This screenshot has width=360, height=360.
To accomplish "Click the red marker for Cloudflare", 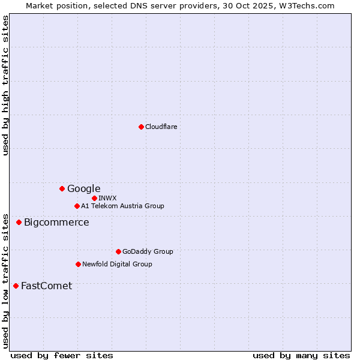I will tap(141, 127).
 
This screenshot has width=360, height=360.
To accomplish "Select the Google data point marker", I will tap(62, 188).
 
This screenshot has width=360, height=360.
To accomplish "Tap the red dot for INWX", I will tap(94, 198).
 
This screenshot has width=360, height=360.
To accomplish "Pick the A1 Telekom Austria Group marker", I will tap(77, 206).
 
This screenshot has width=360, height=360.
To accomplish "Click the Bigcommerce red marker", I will tap(19, 222).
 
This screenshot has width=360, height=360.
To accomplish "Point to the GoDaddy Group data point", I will tap(118, 251).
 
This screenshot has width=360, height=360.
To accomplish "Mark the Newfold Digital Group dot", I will tap(78, 264).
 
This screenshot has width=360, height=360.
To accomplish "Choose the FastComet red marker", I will tap(16, 286).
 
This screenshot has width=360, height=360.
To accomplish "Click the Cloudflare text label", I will tap(161, 127).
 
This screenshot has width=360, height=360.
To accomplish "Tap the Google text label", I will tap(83, 189).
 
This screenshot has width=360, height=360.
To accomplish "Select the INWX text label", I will tap(107, 198).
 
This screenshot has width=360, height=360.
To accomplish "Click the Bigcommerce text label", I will tap(56, 223).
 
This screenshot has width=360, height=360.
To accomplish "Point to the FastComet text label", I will tap(46, 286).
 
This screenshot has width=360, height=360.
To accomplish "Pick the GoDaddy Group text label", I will tap(148, 252).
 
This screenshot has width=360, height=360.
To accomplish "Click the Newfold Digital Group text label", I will tap(117, 264).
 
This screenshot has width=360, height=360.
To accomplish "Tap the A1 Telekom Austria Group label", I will tap(122, 206).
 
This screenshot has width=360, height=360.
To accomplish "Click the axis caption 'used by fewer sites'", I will tap(62, 355).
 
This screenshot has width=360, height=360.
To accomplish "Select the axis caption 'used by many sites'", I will tap(301, 355).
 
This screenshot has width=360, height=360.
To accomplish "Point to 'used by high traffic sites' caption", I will tap(6, 85).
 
